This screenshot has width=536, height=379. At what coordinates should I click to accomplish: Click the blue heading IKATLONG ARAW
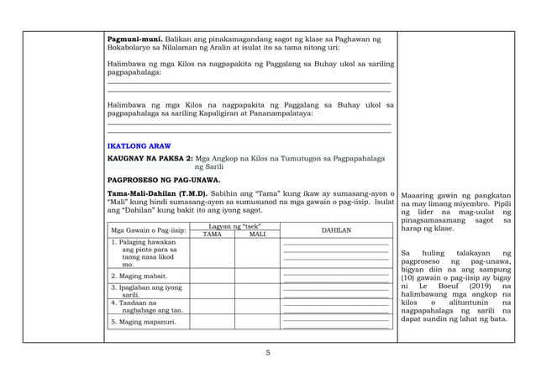click(x=134, y=145)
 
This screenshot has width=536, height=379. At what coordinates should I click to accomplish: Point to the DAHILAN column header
click(x=336, y=230)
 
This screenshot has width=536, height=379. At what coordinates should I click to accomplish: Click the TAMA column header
click(x=213, y=234)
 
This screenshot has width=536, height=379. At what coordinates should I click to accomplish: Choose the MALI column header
click(x=257, y=234)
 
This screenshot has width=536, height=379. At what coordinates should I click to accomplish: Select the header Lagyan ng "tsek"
click(x=235, y=227)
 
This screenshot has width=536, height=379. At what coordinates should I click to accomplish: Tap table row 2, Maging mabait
click(x=138, y=275)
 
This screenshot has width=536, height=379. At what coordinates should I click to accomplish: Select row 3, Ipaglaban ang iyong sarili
click(x=146, y=291)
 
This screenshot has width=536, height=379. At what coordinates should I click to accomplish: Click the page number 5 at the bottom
click(x=268, y=353)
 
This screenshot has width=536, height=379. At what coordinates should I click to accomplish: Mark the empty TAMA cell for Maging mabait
click(x=213, y=275)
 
